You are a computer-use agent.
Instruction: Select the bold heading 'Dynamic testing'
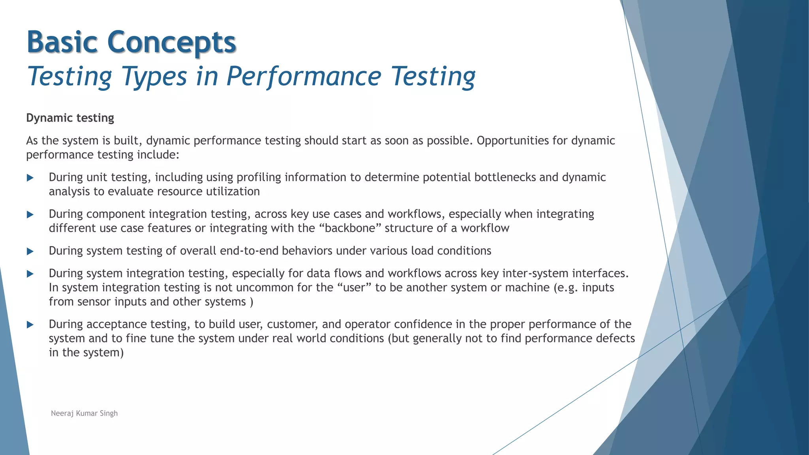[x=70, y=118]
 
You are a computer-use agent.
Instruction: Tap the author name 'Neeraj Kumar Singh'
[x=84, y=413]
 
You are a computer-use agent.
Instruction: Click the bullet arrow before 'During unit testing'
[x=30, y=178]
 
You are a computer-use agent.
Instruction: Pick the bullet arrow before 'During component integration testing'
[x=30, y=214]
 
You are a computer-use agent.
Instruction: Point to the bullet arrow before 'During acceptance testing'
[x=30, y=325]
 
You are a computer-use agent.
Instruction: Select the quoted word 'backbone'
[x=350, y=228]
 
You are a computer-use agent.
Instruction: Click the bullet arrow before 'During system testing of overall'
[x=30, y=251]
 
